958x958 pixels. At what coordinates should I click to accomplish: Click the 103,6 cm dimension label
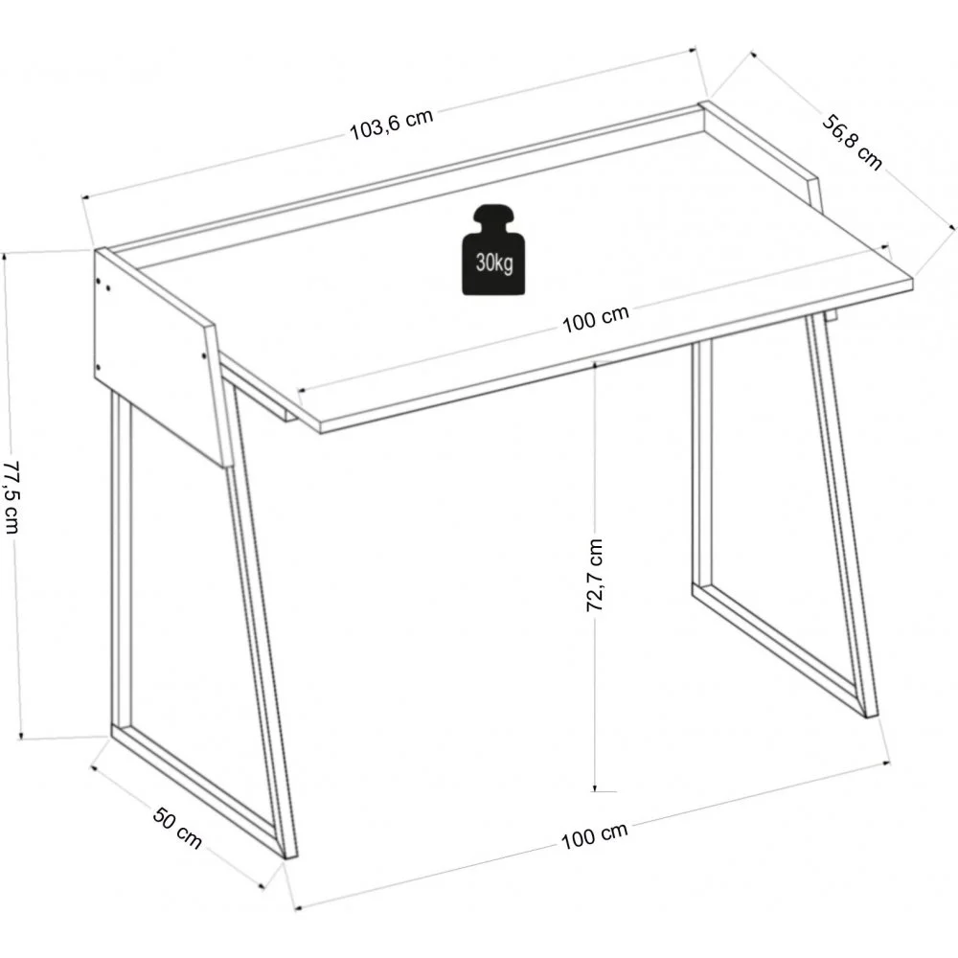(x=391, y=125)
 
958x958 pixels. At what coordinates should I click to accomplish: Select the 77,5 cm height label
(x=11, y=495)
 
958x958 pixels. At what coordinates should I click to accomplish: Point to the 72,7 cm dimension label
(x=594, y=575)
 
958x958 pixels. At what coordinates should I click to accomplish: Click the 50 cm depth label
(x=177, y=828)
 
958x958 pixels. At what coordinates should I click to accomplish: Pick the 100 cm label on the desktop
(x=595, y=318)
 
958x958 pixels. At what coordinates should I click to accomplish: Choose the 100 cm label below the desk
(x=594, y=835)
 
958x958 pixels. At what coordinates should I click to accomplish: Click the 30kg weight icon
(x=495, y=251)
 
